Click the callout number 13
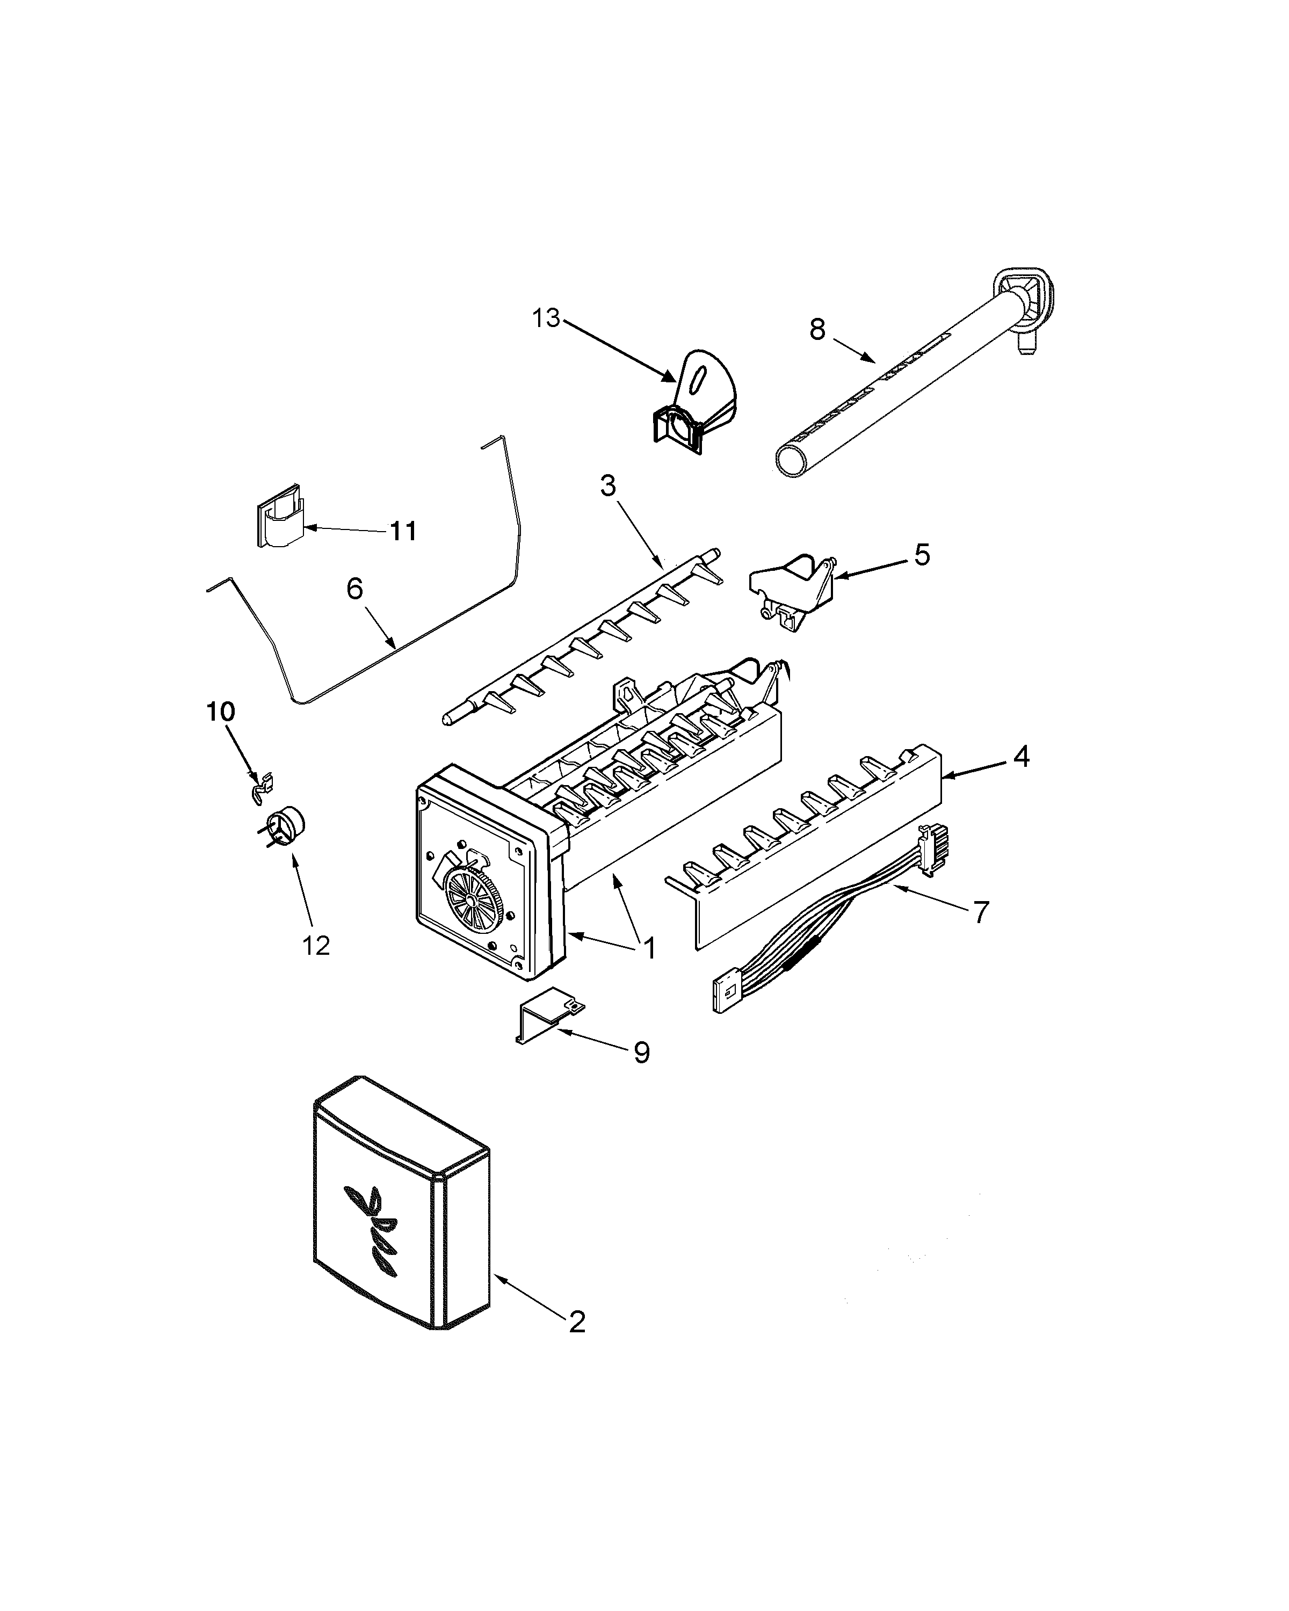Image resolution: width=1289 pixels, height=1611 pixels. [x=546, y=318]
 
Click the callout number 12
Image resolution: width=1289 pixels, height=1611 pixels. [x=316, y=946]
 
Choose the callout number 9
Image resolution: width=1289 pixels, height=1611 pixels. [x=641, y=1053]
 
